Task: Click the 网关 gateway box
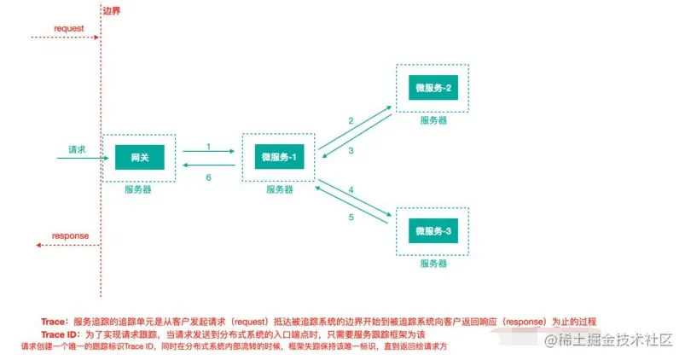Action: coord(138,158)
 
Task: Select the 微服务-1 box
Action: coord(278,158)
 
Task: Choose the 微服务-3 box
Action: coord(433,232)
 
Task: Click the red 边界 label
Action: coord(111,11)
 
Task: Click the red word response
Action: coord(70,235)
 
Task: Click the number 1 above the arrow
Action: coord(208,147)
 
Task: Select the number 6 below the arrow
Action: coord(208,177)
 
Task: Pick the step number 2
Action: coord(351,121)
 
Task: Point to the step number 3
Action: coord(351,150)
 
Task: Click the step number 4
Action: coord(351,189)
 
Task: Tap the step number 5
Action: coord(351,218)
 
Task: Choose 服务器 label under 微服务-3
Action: coord(433,263)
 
